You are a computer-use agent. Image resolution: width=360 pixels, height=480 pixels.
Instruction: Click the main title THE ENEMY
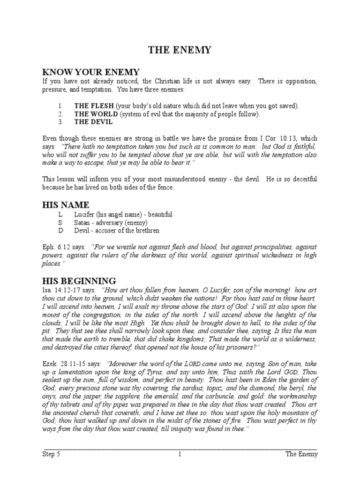[x=180, y=50]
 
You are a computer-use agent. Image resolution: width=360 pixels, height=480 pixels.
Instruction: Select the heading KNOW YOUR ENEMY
[x=91, y=72]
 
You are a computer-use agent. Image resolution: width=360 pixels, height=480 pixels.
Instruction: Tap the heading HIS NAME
[x=66, y=205]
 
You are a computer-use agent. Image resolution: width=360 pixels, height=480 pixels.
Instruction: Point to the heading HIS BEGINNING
[x=79, y=281]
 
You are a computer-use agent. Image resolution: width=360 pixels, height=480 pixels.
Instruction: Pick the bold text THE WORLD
[x=96, y=114]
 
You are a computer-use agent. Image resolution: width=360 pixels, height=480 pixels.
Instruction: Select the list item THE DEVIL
[x=93, y=122]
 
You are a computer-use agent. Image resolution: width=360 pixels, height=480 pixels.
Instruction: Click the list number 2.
[x=60, y=114]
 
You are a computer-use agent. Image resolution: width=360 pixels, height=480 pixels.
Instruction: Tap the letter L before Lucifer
[x=60, y=214]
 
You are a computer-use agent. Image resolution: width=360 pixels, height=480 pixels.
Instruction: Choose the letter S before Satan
[x=60, y=222]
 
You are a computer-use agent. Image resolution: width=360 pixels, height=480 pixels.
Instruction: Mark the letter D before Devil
[x=60, y=230]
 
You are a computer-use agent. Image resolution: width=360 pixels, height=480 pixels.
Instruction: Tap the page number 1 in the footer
[x=180, y=454]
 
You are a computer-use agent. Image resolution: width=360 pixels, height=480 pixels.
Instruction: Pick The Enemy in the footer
[x=301, y=454]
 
